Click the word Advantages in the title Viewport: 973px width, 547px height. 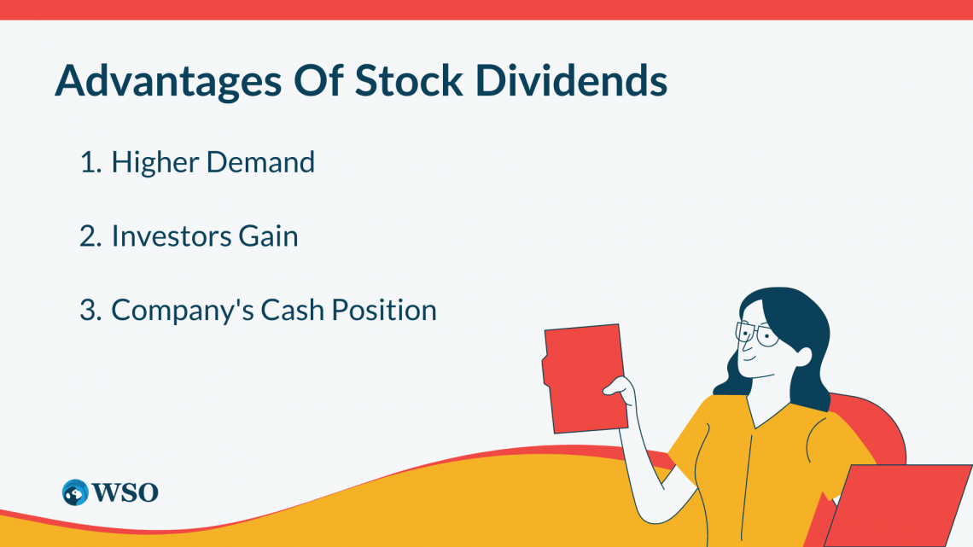(168, 81)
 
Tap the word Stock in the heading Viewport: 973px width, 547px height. (409, 80)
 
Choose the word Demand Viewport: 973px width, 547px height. (260, 162)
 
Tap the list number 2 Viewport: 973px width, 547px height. (90, 236)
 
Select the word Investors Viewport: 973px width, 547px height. (172, 236)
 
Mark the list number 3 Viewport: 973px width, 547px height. (90, 310)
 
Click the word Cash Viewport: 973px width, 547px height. (292, 310)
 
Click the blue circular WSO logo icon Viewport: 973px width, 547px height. (75, 492)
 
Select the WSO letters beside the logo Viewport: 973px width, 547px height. (125, 493)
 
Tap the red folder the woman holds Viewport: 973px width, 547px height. (585, 378)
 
